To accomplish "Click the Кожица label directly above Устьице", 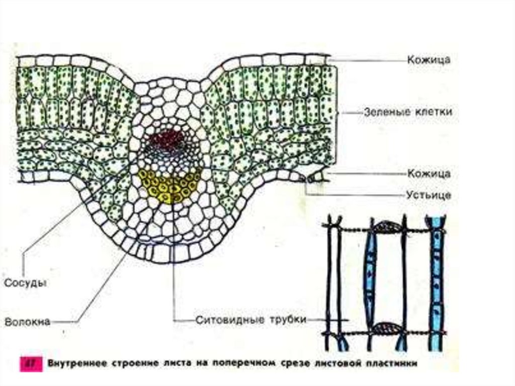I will [429, 174].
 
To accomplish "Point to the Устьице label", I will [428, 195].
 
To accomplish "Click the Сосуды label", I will [26, 283].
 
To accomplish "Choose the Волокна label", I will [28, 322].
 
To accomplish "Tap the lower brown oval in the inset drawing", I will [388, 327].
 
